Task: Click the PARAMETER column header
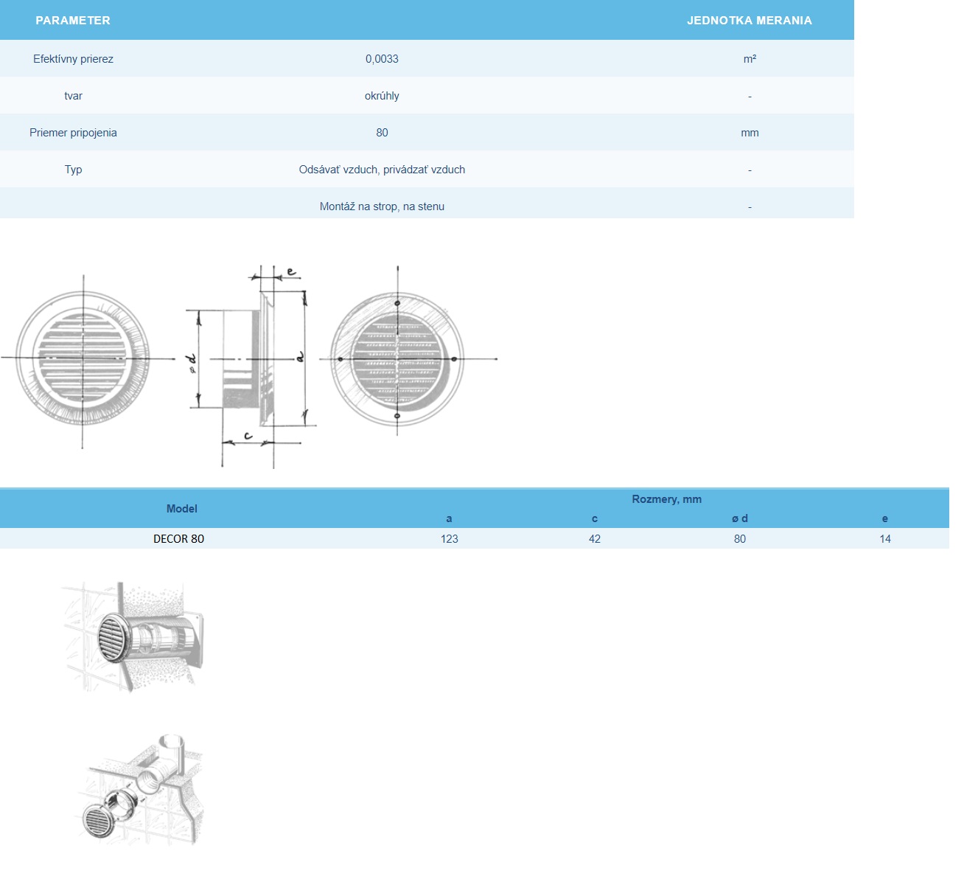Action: pyautogui.click(x=72, y=20)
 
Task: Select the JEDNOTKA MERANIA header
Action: pyautogui.click(x=750, y=20)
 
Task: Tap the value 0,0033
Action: pyautogui.click(x=382, y=59)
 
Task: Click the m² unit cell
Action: pyautogui.click(x=750, y=59)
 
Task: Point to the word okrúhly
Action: pyautogui.click(x=382, y=96)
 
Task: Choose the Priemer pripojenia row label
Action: pyautogui.click(x=73, y=133)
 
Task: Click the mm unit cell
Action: pyautogui.click(x=750, y=133)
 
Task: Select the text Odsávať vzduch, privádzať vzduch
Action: pyautogui.click(x=382, y=170)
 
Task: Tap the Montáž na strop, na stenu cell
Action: pyautogui.click(x=382, y=206)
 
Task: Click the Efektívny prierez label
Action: pyautogui.click(x=73, y=59)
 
